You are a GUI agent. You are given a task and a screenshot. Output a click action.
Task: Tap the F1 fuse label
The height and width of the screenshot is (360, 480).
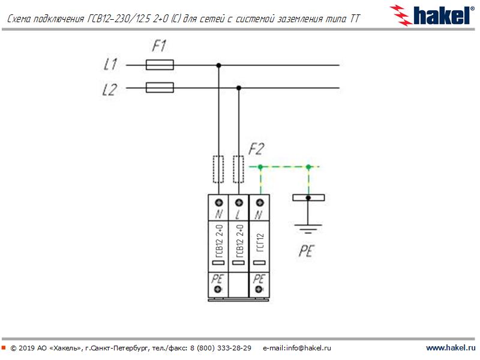click(160, 46)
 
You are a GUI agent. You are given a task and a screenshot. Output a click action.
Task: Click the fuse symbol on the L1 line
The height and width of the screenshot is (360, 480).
click(160, 65)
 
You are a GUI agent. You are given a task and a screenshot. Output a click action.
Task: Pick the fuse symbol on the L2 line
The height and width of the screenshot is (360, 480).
click(160, 88)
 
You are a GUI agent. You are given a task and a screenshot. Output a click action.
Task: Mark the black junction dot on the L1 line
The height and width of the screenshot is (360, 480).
click(218, 65)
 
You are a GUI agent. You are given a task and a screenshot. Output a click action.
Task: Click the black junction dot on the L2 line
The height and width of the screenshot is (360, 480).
click(239, 88)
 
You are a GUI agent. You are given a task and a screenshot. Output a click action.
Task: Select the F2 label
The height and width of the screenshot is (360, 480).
click(256, 148)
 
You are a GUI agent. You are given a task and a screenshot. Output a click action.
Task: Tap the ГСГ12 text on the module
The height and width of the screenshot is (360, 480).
click(259, 246)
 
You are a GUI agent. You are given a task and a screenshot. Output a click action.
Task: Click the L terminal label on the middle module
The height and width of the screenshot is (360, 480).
click(239, 215)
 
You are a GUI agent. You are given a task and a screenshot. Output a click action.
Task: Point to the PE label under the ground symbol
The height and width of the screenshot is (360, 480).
click(307, 251)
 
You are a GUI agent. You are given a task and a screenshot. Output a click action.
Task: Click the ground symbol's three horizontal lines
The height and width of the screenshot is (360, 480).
click(308, 229)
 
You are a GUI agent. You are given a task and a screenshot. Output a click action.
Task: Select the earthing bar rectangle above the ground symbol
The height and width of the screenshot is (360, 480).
click(308, 197)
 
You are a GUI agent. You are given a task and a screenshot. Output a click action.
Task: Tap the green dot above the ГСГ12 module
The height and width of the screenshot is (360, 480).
click(259, 167)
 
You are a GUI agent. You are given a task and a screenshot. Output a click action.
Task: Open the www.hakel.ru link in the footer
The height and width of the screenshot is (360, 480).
click(450, 348)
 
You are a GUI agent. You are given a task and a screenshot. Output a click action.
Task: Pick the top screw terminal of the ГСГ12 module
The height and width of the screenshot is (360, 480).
click(259, 202)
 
